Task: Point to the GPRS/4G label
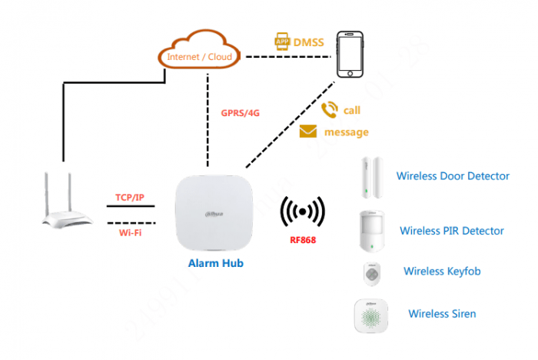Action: (240, 112)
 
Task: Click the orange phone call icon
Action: (330, 109)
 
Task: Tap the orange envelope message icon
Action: (308, 132)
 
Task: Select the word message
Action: (346, 132)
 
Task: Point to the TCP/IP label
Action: (130, 198)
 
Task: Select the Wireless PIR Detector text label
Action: (452, 231)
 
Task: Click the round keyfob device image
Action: (371, 273)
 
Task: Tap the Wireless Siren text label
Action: (442, 314)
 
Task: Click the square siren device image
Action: (372, 315)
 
